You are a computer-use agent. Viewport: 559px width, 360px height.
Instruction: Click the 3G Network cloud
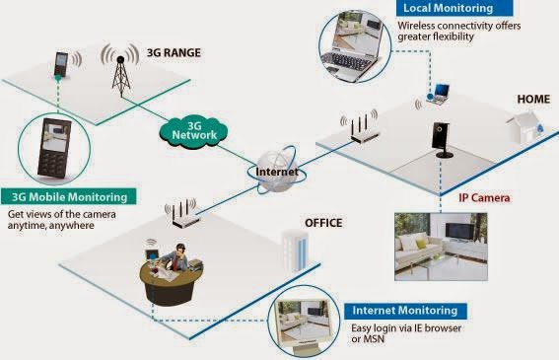click(x=195, y=130)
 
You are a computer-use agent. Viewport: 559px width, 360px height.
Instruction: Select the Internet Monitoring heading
click(x=409, y=310)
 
